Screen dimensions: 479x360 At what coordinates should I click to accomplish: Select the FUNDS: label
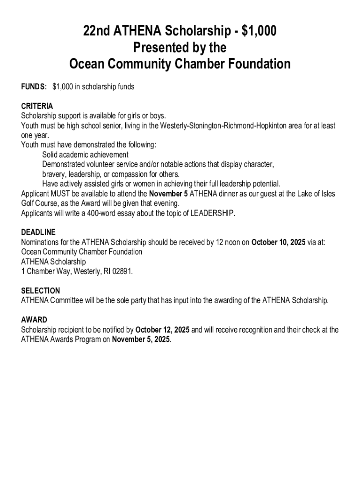coord(34,87)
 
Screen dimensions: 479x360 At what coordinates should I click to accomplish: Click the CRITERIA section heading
coord(37,106)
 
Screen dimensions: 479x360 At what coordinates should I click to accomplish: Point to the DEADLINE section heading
coord(38,232)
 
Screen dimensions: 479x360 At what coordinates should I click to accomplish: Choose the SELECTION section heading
coord(41,290)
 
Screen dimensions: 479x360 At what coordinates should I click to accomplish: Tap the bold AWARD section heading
coord(34,320)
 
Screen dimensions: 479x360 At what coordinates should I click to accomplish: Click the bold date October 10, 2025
coord(279,242)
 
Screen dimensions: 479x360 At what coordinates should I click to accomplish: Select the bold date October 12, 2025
coord(163,330)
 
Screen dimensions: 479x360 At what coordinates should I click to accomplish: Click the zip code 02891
coord(121,271)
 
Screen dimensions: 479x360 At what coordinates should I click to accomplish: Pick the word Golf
coord(28,203)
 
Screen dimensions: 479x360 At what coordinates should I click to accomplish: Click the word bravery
coord(54,174)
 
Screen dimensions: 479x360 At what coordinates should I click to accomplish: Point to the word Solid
coord(50,154)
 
